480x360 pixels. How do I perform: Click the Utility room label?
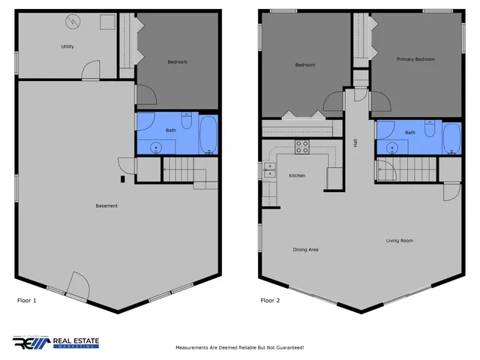coord(67,46)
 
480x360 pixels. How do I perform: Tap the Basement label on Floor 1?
coord(106,205)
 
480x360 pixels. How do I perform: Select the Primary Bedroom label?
coord(416,59)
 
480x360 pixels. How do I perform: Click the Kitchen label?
coord(297,175)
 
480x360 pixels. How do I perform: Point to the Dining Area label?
coord(305,249)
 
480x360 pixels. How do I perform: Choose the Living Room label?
coord(400,241)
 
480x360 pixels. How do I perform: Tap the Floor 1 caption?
coord(26,301)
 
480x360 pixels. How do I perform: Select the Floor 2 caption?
coord(271,301)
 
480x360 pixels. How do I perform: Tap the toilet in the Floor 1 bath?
coord(187,120)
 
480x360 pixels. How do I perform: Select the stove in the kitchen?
coord(301,147)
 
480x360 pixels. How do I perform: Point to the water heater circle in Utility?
coord(74,21)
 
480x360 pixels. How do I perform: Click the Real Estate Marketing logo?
coord(55,343)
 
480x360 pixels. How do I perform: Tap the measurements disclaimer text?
coord(239,348)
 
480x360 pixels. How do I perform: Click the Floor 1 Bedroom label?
coord(177,61)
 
